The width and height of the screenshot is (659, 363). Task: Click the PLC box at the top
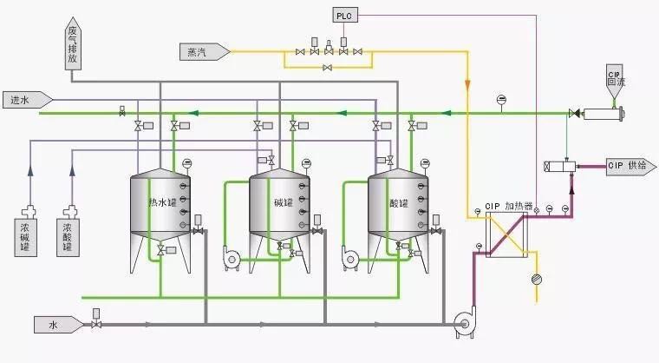tap(344, 16)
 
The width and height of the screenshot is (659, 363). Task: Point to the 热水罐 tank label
tap(162, 203)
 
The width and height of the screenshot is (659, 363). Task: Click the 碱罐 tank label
tap(283, 203)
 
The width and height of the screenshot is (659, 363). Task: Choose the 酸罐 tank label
tap(400, 203)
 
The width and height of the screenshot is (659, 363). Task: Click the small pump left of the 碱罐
tap(231, 257)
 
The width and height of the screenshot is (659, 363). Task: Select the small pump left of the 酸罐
tap(350, 257)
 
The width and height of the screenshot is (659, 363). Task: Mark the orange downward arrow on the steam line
tap(467, 86)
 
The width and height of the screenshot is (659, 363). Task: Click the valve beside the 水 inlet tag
tap(95, 325)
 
